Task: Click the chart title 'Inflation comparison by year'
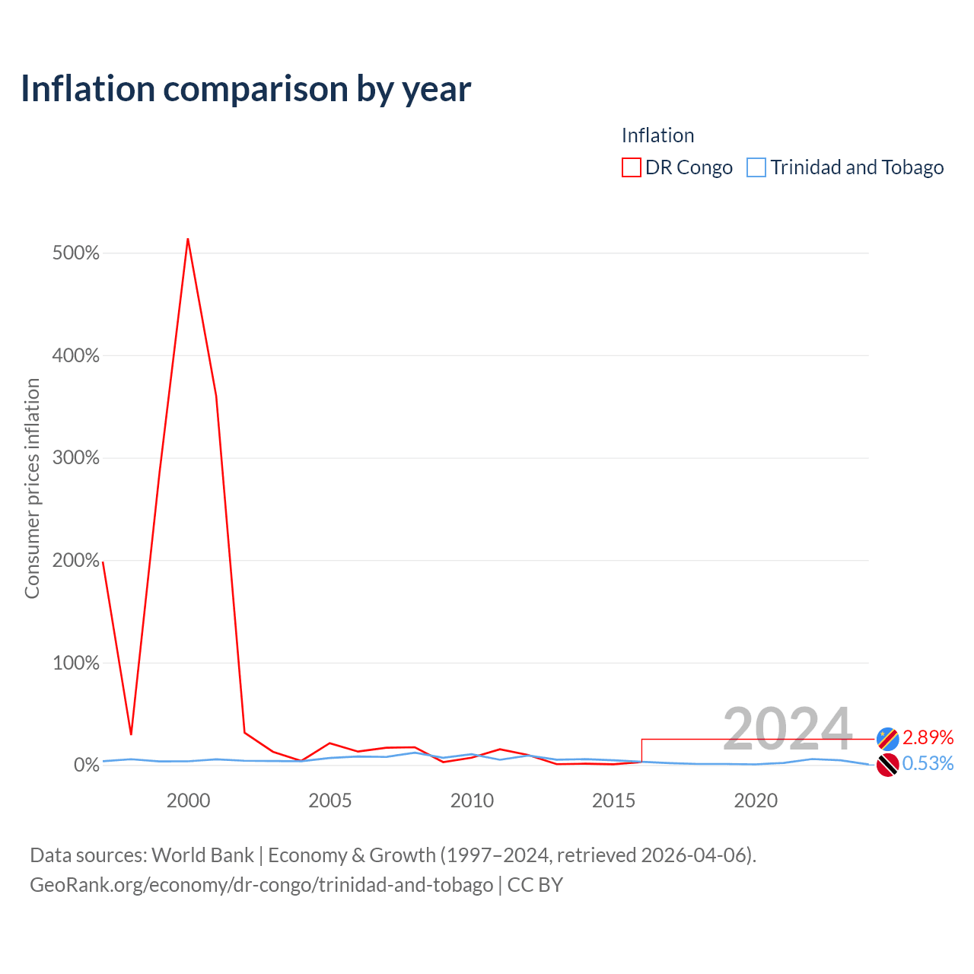point(246,89)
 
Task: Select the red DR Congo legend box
point(632,167)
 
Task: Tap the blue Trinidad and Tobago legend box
point(756,167)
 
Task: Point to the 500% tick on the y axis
point(76,253)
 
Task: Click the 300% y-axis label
point(76,457)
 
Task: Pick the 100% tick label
point(76,663)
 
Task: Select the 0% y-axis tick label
point(87,766)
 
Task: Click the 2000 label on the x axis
point(188,801)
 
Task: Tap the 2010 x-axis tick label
point(472,801)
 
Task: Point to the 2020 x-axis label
point(756,801)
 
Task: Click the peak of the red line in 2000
point(188,239)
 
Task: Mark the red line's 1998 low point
point(131,734)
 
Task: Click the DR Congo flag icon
point(887,739)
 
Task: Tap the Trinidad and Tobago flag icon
point(887,765)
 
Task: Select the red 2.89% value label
point(928,738)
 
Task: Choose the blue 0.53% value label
point(928,764)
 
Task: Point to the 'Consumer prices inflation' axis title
point(32,489)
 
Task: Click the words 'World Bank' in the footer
point(202,856)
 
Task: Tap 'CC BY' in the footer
point(535,885)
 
